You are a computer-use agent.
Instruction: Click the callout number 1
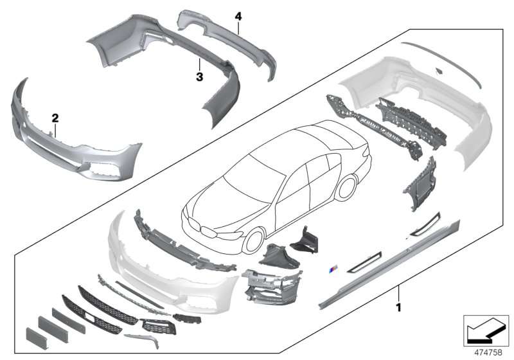pyautogui.click(x=398, y=307)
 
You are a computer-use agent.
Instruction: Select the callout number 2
pyautogui.click(x=55, y=118)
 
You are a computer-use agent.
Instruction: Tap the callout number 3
pyautogui.click(x=199, y=77)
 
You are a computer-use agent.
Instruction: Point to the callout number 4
pyautogui.click(x=238, y=16)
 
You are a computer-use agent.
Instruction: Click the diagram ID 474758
pyautogui.click(x=488, y=352)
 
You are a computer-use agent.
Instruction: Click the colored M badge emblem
pyautogui.click(x=333, y=270)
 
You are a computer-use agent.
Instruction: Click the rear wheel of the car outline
pyautogui.click(x=346, y=188)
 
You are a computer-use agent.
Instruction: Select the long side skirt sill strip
pyautogui.click(x=389, y=265)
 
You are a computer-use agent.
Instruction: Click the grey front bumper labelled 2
pyautogui.click(x=72, y=138)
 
